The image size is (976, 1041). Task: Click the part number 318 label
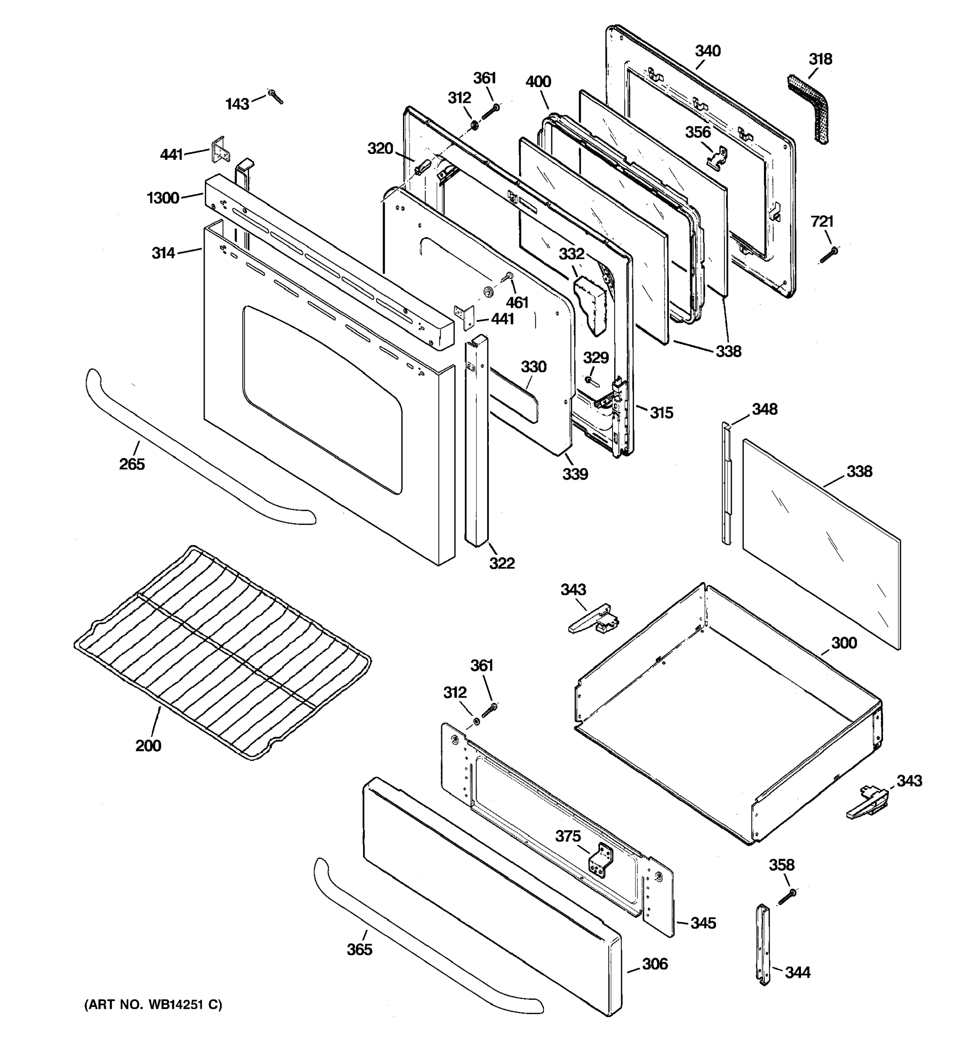click(820, 59)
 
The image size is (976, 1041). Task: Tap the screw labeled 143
click(275, 96)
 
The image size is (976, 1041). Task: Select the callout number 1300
click(163, 198)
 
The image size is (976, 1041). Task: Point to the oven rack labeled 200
click(223, 652)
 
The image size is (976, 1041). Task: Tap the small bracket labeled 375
click(602, 861)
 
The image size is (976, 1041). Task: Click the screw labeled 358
click(787, 897)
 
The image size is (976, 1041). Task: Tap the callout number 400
click(538, 82)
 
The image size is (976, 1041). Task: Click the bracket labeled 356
click(718, 157)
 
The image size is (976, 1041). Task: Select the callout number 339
click(575, 474)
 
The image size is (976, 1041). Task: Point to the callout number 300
click(844, 642)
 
